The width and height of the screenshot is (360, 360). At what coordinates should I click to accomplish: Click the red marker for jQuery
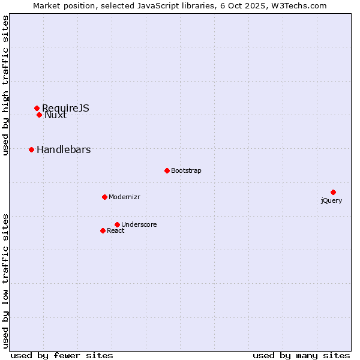pyautogui.click(x=333, y=192)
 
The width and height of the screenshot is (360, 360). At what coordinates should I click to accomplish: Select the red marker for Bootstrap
pyautogui.click(x=167, y=170)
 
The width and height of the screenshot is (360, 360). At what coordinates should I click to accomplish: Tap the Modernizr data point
pyautogui.click(x=104, y=197)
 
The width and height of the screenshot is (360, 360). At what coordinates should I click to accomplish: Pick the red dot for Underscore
pyautogui.click(x=117, y=224)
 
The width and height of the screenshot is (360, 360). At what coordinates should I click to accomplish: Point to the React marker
pyautogui.click(x=103, y=230)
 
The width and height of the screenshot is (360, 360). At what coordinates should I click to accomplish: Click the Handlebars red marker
pyautogui.click(x=31, y=149)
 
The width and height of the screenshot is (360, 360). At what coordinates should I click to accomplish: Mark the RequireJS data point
pyautogui.click(x=37, y=108)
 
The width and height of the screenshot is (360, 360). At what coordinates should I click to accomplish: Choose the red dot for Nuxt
pyautogui.click(x=39, y=115)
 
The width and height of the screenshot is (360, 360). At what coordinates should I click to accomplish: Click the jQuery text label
pyautogui.click(x=331, y=200)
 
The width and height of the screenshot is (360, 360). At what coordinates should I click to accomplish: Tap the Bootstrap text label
pyautogui.click(x=186, y=170)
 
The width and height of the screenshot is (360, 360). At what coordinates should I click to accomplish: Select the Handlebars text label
pyautogui.click(x=64, y=149)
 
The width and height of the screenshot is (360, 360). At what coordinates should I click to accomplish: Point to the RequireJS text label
pyautogui.click(x=65, y=107)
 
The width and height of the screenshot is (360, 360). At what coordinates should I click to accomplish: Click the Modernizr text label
pyautogui.click(x=124, y=197)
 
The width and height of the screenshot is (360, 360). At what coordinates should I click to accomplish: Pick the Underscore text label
pyautogui.click(x=139, y=224)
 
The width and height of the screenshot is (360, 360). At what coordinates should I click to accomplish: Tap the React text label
pyautogui.click(x=116, y=230)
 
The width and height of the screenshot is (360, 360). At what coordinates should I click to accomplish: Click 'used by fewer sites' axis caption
pyautogui.click(x=62, y=355)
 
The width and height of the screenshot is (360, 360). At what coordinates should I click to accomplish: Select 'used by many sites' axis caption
pyautogui.click(x=301, y=355)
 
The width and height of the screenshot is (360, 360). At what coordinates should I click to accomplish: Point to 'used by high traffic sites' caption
pyautogui.click(x=6, y=85)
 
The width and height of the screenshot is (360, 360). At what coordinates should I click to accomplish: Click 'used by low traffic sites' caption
pyautogui.click(x=6, y=281)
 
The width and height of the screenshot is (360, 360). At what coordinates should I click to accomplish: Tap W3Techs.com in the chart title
pyautogui.click(x=298, y=5)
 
